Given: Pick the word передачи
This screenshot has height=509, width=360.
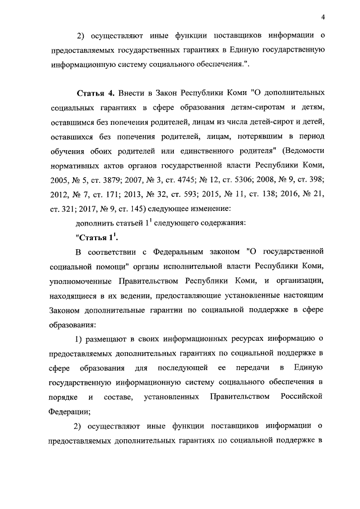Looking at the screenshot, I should coord(253,368).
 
